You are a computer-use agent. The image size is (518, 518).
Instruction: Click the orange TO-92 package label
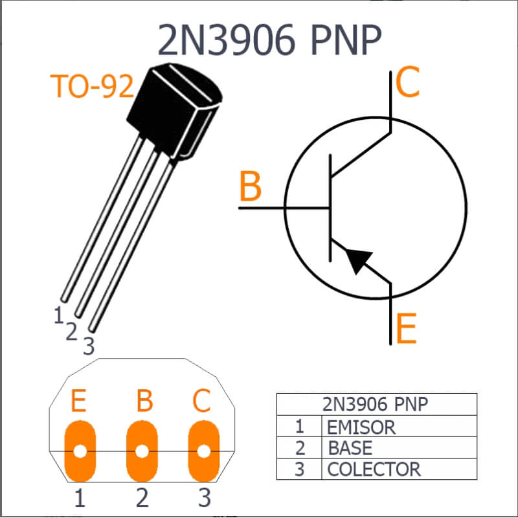tap(92, 86)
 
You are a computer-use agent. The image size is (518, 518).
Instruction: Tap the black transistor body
tap(174, 111)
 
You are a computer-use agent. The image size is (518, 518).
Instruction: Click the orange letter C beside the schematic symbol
tap(407, 82)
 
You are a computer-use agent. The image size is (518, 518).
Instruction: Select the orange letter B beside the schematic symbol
tap(251, 186)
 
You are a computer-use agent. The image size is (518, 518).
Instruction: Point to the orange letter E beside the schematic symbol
tap(406, 329)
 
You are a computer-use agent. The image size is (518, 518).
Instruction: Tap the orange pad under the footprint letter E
tap(80, 451)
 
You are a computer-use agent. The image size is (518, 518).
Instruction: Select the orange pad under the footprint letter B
tap(142, 451)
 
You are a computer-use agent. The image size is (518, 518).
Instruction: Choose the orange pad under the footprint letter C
tap(204, 451)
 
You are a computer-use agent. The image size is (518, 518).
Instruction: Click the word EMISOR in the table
tap(361, 427)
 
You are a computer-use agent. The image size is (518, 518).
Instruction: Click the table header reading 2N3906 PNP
tap(375, 404)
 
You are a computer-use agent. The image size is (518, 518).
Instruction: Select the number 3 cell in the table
tap(299, 469)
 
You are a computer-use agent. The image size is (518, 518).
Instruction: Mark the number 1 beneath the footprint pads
tap(80, 498)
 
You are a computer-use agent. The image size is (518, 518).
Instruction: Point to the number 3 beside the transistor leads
tap(89, 346)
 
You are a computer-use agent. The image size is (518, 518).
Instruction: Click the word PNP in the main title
tap(346, 39)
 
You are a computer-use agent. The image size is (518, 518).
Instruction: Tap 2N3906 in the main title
tap(226, 39)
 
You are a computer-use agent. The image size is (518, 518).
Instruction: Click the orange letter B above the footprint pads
tap(144, 400)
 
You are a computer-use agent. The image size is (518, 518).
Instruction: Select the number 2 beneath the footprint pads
tap(142, 498)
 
